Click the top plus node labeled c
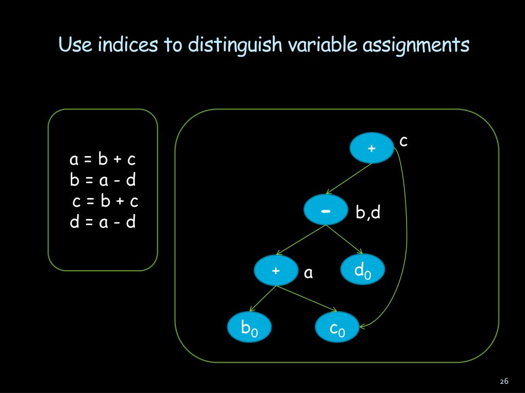click(372, 148)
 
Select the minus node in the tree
click(326, 210)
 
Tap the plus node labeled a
click(276, 270)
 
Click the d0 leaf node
click(362, 270)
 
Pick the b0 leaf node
click(249, 327)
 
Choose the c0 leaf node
click(337, 327)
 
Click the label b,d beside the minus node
click(368, 212)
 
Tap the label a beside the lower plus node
click(308, 273)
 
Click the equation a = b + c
click(103, 160)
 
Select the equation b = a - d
click(103, 180)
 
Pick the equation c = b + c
click(105, 201)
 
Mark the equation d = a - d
click(103, 222)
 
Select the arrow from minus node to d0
click(345, 239)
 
